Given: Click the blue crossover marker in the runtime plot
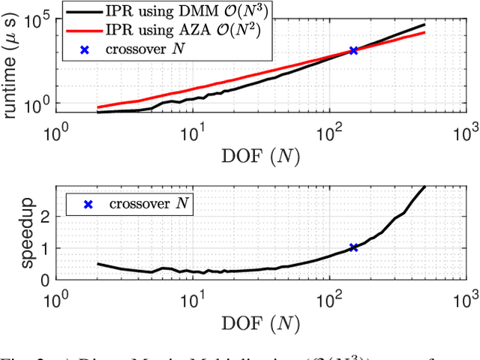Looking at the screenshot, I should coord(353,51).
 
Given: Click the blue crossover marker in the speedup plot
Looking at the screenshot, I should coord(353,247).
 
